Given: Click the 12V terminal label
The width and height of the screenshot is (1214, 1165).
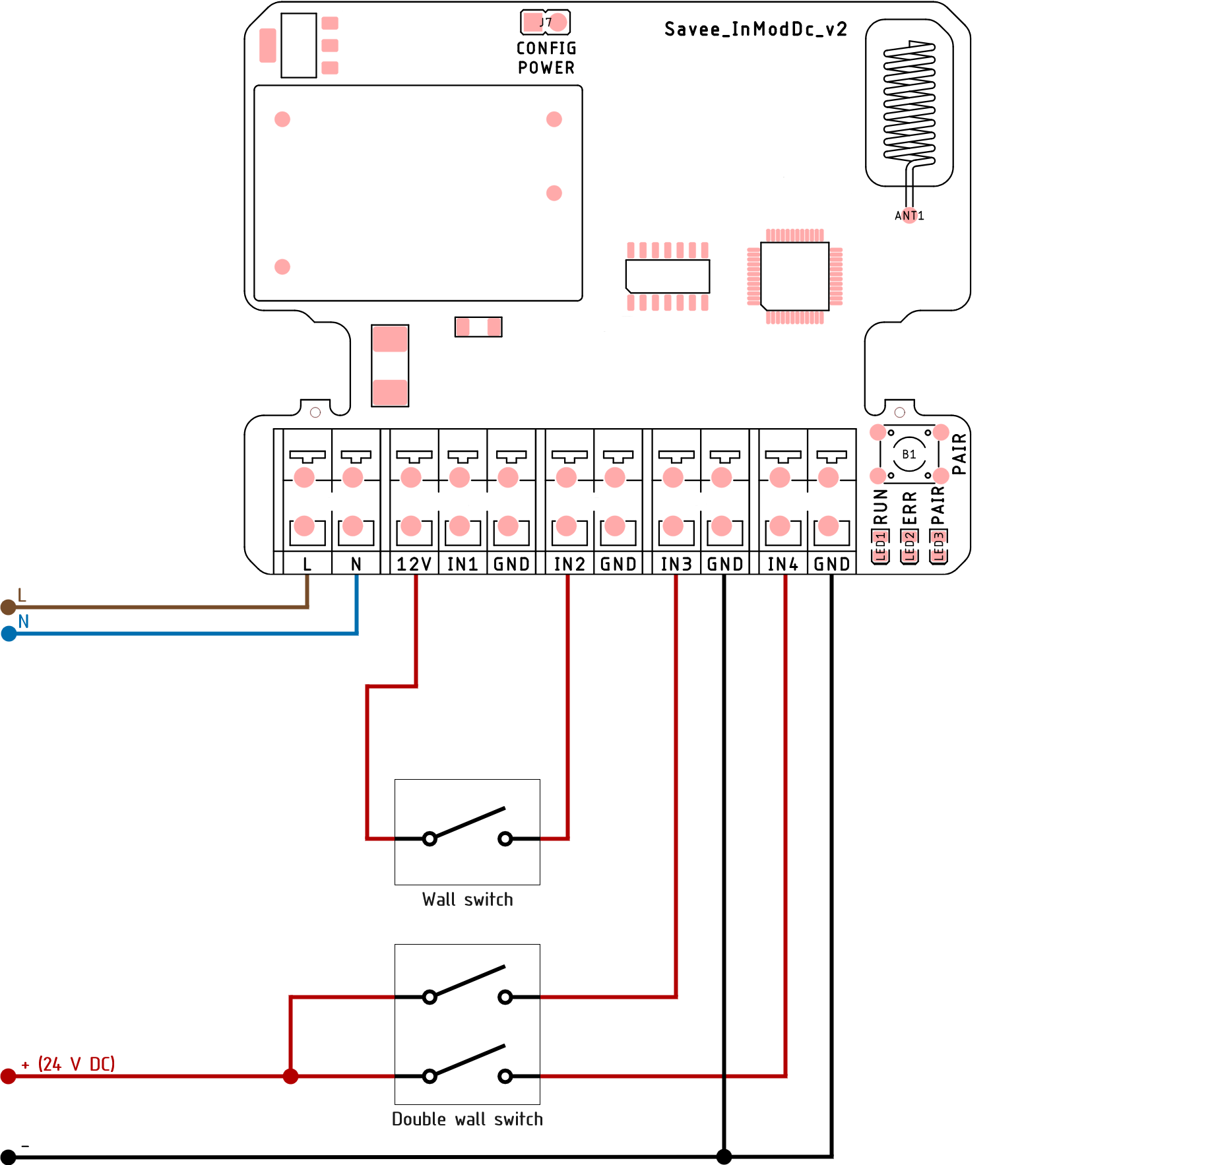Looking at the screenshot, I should pos(414,564).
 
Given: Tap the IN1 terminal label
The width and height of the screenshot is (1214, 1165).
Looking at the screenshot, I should pos(463,564).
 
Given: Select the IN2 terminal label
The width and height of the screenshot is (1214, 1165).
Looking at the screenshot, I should pos(569,564).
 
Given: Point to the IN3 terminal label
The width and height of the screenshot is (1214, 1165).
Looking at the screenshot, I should pos(676,564).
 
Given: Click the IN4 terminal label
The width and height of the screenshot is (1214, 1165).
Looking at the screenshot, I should pos(783,564).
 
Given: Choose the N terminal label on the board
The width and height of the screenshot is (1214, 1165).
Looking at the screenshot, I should pos(356,564).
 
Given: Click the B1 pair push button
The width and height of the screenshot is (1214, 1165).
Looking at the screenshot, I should pos(909,455).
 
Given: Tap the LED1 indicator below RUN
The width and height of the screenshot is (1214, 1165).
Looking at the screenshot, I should pos(880,547).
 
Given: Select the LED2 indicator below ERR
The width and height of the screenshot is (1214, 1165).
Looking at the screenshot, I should pos(909,547).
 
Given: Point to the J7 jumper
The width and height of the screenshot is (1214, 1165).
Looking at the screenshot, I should pos(546,22).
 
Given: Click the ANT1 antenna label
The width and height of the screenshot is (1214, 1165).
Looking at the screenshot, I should pos(909,216).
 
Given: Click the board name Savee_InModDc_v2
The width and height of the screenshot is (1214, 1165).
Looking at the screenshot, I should pos(755,30).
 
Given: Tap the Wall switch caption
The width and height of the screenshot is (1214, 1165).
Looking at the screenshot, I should pos(467,900).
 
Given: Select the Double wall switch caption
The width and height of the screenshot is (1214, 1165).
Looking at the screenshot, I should pos(467,1119).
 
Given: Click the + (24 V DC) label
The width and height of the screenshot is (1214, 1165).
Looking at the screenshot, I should pos(69,1064).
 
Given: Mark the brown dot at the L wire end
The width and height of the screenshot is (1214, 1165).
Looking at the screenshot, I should pos(9,607).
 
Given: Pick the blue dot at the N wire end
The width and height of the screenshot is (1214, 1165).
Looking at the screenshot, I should pos(9,634).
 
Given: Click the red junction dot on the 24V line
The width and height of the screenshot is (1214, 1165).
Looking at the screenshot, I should pos(290,1077).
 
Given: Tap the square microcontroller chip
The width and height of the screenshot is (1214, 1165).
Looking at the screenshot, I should pos(795,276).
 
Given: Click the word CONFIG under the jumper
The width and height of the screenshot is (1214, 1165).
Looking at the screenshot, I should pos(546,48).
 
